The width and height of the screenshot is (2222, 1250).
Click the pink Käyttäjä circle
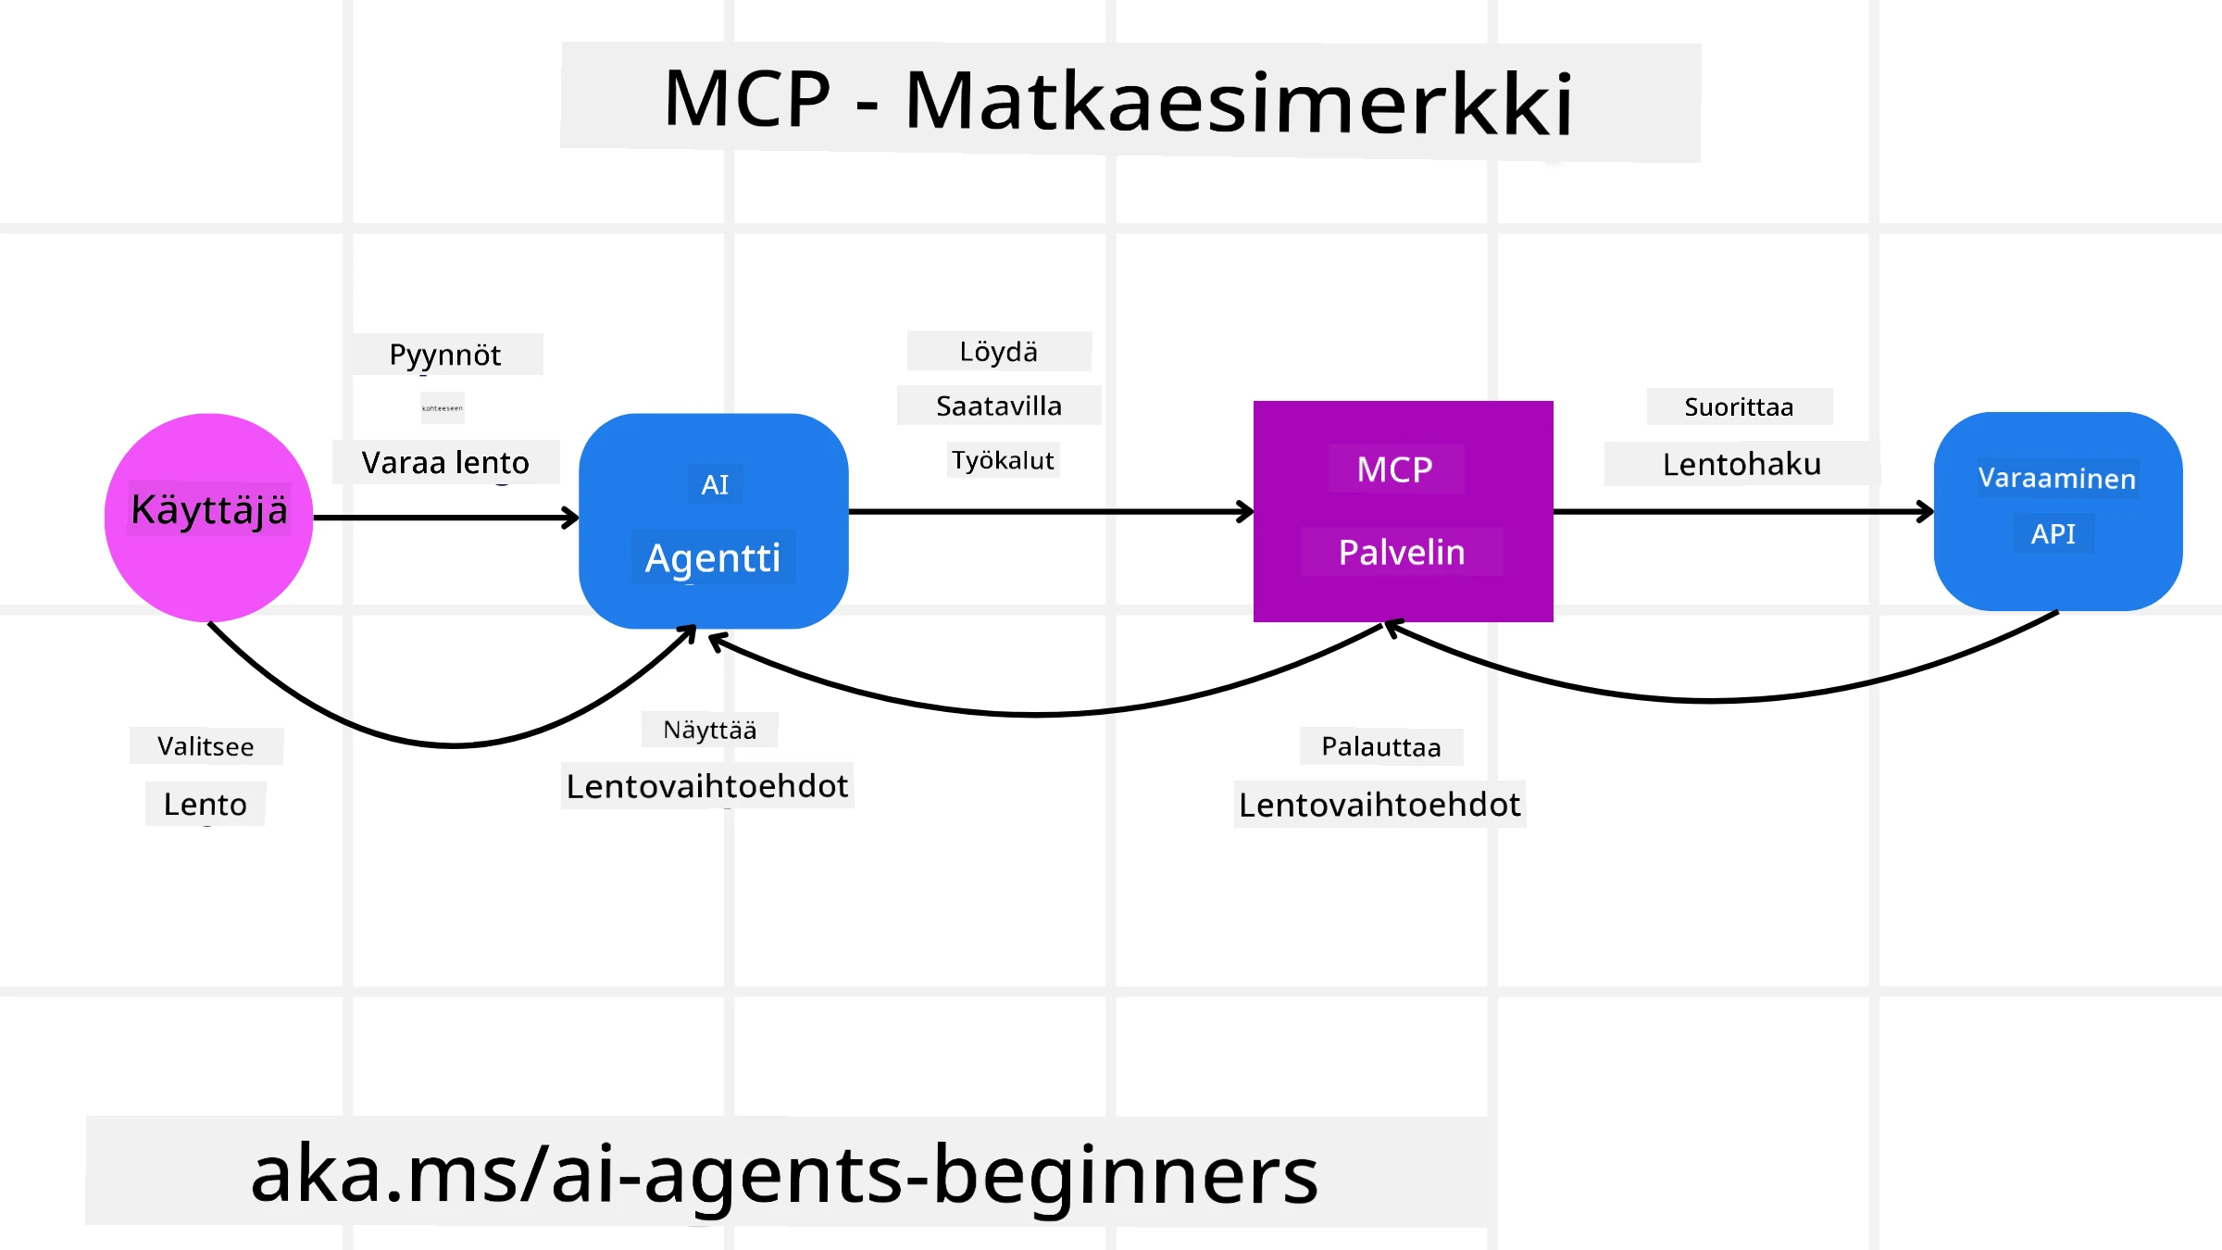(208, 517)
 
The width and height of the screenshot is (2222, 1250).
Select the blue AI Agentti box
(713, 520)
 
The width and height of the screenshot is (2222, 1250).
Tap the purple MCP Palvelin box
(1403, 511)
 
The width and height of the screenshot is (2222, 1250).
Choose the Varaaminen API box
(2057, 511)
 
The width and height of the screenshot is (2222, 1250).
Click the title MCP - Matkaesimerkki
(1118, 101)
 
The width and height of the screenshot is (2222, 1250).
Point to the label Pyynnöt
(445, 355)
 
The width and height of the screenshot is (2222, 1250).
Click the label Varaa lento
(445, 462)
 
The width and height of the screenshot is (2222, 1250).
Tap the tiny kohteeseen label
(442, 408)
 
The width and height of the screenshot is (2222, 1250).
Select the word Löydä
(998, 352)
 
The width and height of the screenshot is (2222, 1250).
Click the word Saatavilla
(998, 406)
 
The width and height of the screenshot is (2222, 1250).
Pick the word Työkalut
(1003, 460)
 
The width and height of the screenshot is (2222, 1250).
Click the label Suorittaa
(1739, 406)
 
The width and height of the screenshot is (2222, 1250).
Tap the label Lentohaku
(1741, 464)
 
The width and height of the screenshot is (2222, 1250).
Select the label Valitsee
(206, 746)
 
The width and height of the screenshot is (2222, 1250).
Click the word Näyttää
(710, 730)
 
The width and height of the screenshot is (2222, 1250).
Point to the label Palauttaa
(1380, 746)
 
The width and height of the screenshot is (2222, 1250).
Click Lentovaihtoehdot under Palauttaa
(1379, 805)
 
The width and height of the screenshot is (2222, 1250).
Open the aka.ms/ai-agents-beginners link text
(784, 1173)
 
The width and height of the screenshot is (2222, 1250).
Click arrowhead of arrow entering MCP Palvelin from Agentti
(1246, 511)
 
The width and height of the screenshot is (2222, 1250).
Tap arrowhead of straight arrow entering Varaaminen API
(1926, 511)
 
